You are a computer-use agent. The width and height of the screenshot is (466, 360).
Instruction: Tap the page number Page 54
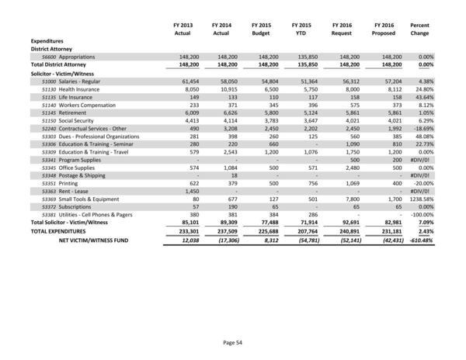click(x=232, y=341)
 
